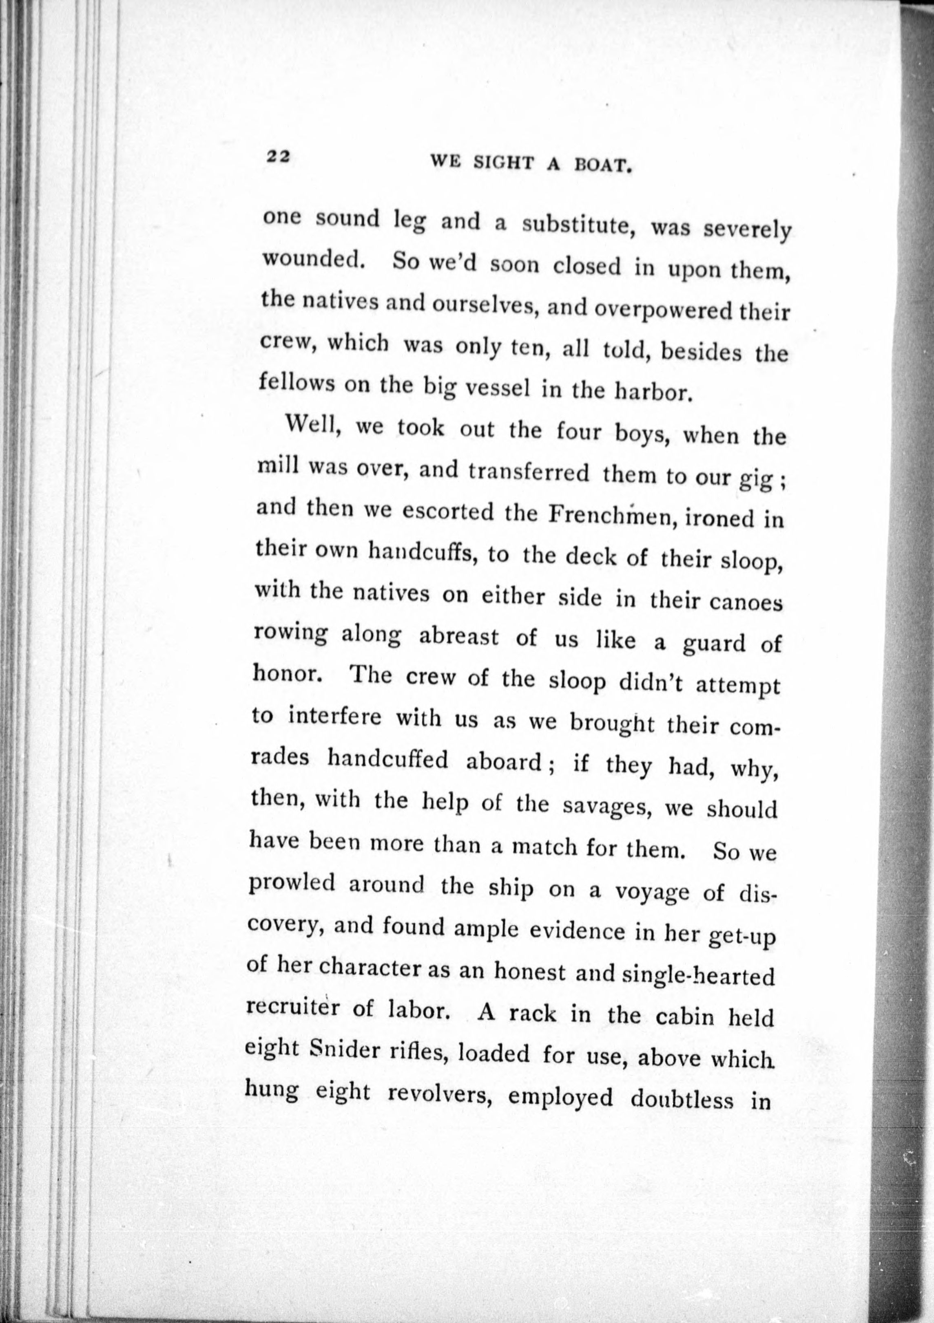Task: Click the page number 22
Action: (277, 157)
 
